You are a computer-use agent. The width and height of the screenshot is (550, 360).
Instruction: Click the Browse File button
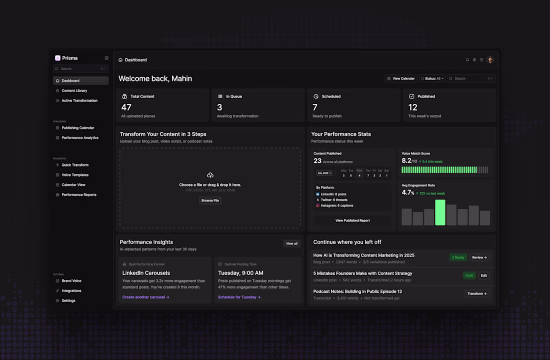click(210, 200)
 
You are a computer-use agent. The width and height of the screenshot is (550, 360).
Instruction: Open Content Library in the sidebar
click(74, 90)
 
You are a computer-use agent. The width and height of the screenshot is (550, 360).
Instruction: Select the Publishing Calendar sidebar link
click(77, 128)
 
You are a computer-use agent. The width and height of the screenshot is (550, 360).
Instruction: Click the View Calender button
click(401, 78)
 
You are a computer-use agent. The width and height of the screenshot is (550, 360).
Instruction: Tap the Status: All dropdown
click(432, 78)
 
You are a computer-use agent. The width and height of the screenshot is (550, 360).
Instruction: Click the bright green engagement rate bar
click(440, 212)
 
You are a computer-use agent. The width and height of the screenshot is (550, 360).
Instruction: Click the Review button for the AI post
click(479, 257)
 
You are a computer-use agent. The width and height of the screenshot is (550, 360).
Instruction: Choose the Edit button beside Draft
click(483, 275)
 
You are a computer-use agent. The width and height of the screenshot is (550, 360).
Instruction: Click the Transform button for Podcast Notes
click(477, 293)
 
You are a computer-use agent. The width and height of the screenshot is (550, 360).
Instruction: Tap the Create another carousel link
click(146, 297)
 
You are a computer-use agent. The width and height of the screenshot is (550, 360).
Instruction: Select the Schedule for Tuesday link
click(239, 297)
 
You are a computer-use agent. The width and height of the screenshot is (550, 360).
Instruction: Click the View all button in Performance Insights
click(291, 243)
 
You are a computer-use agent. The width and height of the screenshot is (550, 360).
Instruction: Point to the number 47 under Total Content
click(126, 107)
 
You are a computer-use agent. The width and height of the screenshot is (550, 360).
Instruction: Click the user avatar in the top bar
click(490, 60)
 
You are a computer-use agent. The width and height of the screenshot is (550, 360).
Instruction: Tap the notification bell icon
click(467, 60)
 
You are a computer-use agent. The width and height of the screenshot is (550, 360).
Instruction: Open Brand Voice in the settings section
click(71, 281)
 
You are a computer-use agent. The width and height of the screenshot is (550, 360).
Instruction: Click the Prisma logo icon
click(57, 58)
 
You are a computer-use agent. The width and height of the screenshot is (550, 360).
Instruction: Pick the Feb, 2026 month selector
click(324, 173)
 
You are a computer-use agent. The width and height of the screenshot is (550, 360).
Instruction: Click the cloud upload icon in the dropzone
click(210, 175)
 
